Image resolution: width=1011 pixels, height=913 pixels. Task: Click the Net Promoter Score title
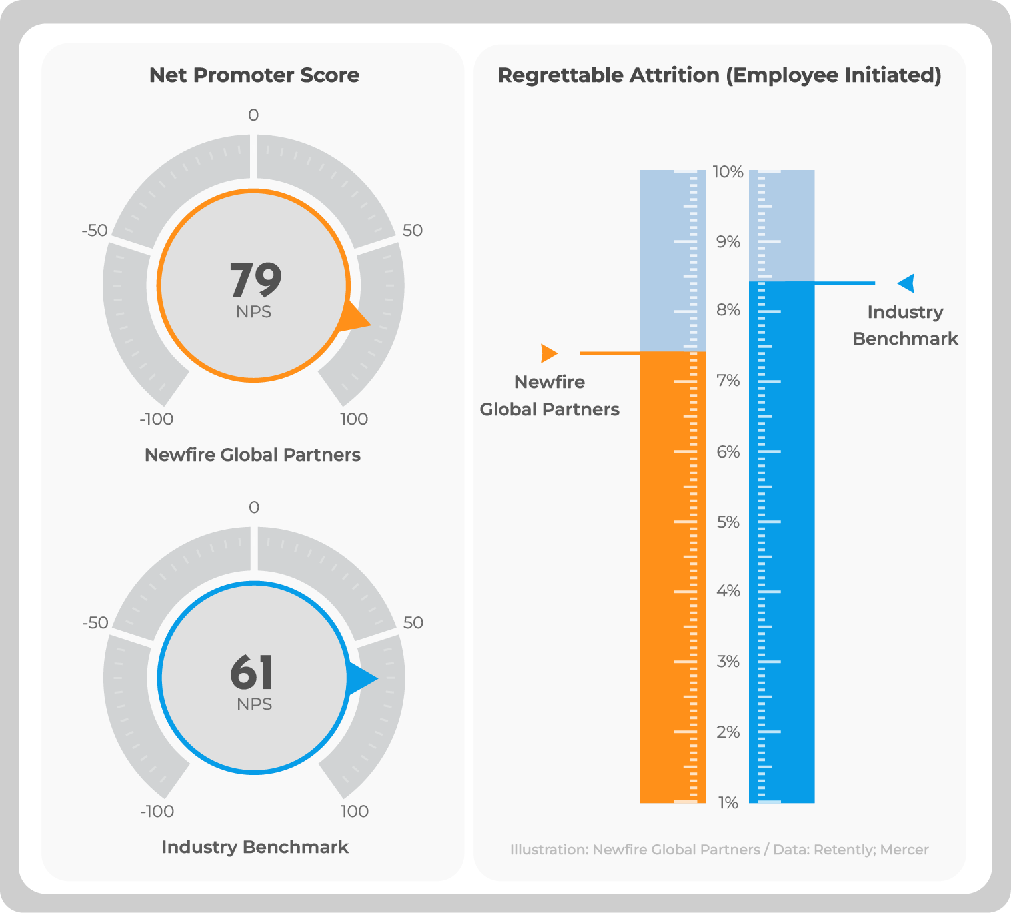[254, 75]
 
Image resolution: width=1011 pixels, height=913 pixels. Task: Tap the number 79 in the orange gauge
[255, 279]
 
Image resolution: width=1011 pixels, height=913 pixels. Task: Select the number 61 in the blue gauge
[252, 672]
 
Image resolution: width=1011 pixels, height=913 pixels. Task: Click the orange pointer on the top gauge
[354, 319]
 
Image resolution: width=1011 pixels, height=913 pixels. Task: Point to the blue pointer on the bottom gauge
[361, 678]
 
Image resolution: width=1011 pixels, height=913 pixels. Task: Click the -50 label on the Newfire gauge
[95, 231]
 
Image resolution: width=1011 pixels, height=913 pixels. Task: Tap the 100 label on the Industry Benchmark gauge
[354, 812]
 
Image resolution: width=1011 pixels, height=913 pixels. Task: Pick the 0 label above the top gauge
[253, 115]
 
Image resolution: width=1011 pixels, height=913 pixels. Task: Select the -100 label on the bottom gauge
[157, 812]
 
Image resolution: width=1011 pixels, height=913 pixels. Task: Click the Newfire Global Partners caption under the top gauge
[253, 455]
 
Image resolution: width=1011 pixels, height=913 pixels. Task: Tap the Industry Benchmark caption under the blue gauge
[255, 847]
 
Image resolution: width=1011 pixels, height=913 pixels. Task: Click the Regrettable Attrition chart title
[719, 75]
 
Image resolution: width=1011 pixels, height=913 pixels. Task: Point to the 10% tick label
[728, 172]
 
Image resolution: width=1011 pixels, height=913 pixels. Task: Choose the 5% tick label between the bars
[728, 522]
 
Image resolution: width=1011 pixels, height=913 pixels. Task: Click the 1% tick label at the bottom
[728, 803]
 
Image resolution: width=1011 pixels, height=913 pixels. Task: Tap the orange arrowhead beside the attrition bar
[548, 353]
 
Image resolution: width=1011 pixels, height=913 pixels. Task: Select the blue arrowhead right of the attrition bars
[906, 283]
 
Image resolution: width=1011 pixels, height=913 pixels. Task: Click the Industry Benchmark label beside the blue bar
[905, 325]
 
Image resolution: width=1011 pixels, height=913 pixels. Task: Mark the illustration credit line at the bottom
[719, 850]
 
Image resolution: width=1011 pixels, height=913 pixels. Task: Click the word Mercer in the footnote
[904, 850]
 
